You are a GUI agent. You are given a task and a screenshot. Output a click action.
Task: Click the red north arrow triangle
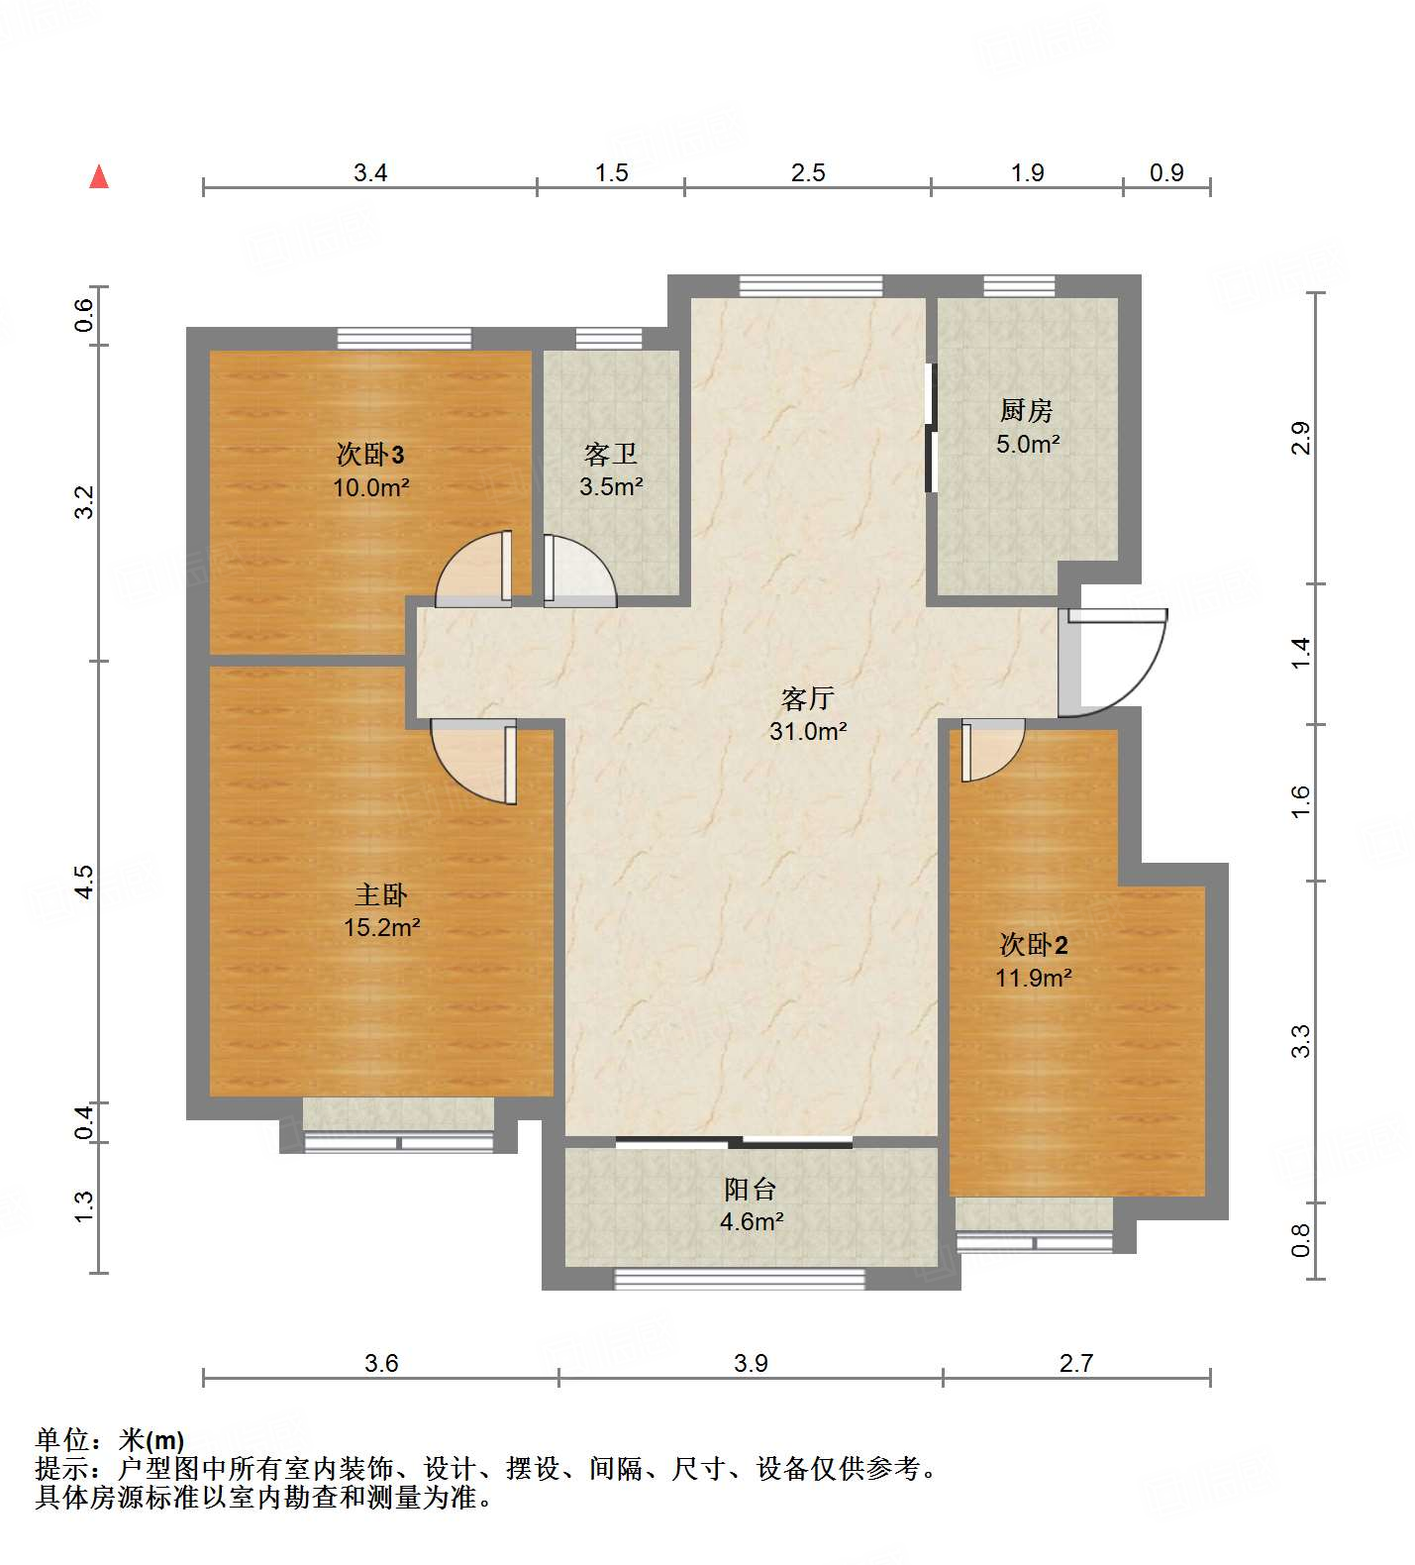click(99, 177)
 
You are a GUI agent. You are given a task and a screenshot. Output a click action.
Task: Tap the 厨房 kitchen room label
click(1026, 409)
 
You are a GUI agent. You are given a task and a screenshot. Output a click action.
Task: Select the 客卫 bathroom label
click(610, 454)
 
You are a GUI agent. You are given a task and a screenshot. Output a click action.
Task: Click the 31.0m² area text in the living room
click(807, 732)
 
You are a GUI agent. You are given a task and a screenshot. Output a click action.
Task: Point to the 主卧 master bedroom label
click(380, 894)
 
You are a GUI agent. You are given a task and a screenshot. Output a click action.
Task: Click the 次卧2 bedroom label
click(1033, 944)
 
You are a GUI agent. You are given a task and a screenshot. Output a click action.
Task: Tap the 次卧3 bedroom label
click(370, 455)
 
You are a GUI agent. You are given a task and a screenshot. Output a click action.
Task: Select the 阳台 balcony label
click(751, 1189)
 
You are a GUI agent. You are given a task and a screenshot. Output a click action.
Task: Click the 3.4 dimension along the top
click(370, 173)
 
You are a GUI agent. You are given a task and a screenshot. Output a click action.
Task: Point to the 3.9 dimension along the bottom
click(751, 1364)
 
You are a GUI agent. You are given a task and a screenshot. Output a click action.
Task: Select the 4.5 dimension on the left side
click(85, 882)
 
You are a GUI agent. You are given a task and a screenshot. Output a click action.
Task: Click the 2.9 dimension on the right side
click(1300, 438)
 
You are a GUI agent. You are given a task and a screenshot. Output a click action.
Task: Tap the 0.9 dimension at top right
click(1166, 173)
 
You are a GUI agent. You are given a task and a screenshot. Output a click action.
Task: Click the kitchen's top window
click(1019, 286)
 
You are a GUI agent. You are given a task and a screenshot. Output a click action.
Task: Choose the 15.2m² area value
click(381, 928)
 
